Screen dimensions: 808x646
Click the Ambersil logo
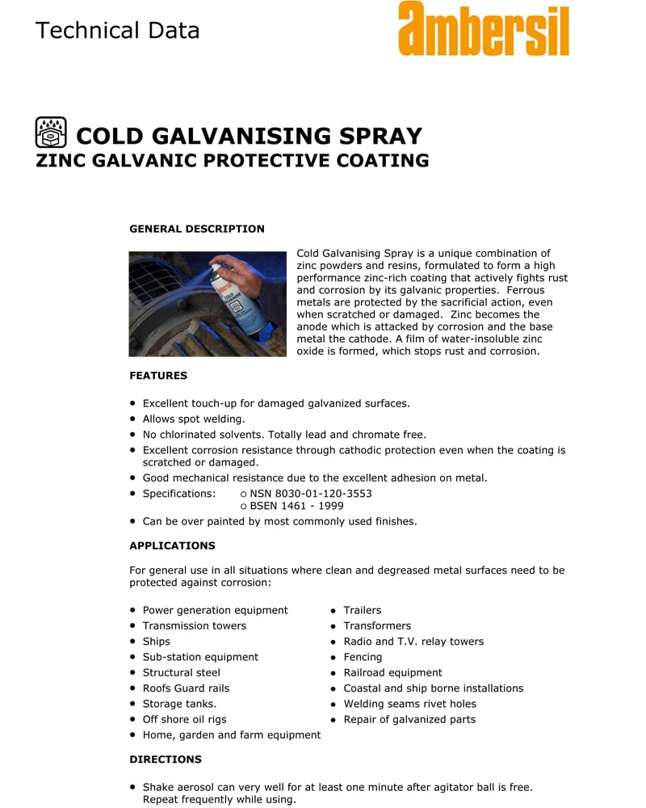pos(483,30)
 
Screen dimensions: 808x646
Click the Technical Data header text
pos(117,31)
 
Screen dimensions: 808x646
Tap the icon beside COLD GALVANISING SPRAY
pos(51,133)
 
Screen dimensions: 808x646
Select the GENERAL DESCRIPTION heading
pos(197,229)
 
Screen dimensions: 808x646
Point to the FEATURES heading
pos(158,376)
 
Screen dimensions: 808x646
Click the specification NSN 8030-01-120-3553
pos(310,494)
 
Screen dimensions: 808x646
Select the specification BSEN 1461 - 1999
pos(296,506)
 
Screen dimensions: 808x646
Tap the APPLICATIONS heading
pos(172,545)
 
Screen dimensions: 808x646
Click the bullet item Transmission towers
pos(194,625)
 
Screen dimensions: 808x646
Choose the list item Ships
pos(156,642)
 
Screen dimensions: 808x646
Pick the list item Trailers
pos(362,610)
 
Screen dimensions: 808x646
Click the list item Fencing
pos(363,657)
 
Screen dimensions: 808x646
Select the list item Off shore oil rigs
pos(184,719)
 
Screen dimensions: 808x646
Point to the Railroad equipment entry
pos(392,672)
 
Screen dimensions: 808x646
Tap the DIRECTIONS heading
pos(166,760)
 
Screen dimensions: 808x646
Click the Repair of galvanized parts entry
pos(409,719)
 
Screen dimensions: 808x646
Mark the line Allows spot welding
pos(194,419)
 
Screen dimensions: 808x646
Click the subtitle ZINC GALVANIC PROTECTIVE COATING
pos(233,160)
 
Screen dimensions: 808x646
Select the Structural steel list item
pos(181,672)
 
